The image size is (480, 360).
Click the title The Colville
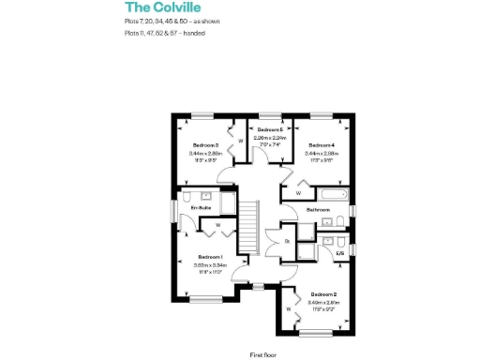(x=157, y=7)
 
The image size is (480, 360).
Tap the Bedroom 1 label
(x=209, y=256)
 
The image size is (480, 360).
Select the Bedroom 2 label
(x=323, y=294)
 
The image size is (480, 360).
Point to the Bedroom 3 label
(x=205, y=145)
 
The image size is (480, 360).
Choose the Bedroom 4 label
(x=321, y=145)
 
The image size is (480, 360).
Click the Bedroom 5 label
(x=270, y=129)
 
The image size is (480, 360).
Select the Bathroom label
(x=319, y=210)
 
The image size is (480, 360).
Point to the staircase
(x=248, y=227)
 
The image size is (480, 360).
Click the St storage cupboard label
(x=286, y=241)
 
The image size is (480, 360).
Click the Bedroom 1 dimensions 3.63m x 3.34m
(x=208, y=265)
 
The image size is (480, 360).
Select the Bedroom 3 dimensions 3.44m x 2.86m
(x=205, y=154)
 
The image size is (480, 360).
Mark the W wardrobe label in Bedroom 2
(x=287, y=307)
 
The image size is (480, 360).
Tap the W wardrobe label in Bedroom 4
(x=298, y=193)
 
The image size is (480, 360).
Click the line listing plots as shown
(x=171, y=21)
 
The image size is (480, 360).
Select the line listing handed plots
(x=164, y=33)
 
